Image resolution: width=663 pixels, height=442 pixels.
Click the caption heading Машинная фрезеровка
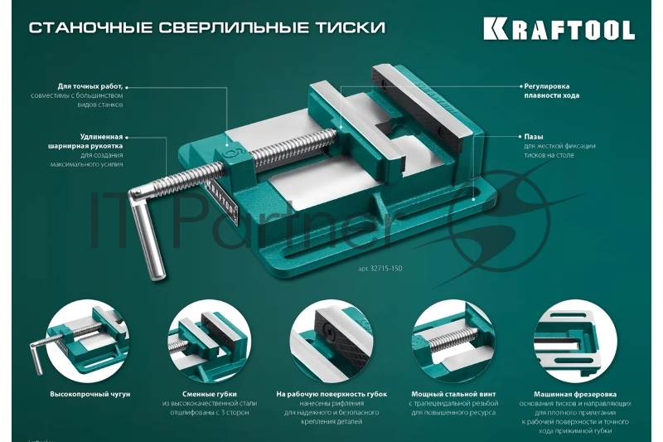(577, 393)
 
